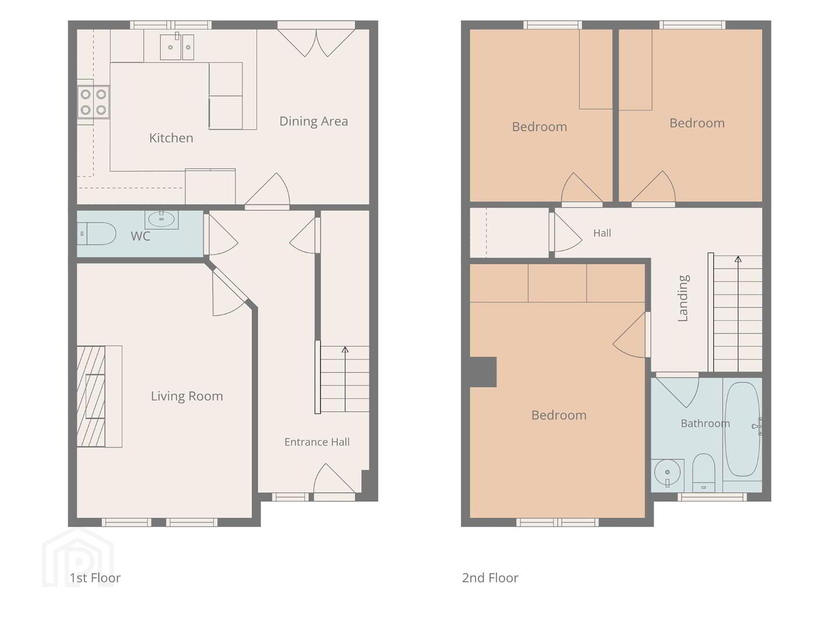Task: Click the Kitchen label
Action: click(171, 138)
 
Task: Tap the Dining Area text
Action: click(313, 122)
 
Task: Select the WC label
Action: click(140, 236)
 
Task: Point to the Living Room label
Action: click(187, 397)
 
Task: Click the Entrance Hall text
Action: click(317, 442)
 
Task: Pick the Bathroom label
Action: click(705, 423)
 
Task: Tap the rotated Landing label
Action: click(683, 298)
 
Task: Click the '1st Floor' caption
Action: click(95, 578)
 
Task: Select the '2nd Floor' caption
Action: click(490, 578)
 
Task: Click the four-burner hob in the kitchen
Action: click(93, 102)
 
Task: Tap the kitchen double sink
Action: click(177, 47)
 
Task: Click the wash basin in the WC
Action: click(161, 219)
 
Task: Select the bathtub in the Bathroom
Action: click(742, 429)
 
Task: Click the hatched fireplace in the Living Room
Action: click(91, 397)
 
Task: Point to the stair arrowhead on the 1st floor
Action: click(345, 349)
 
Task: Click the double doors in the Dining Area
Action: click(316, 43)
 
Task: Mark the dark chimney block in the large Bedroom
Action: click(483, 372)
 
